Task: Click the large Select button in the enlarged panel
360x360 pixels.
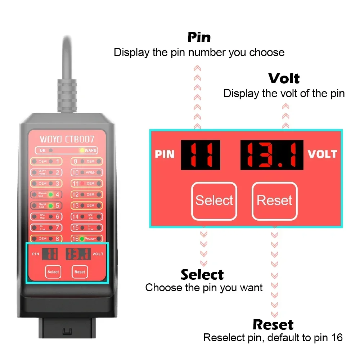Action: click(x=214, y=201)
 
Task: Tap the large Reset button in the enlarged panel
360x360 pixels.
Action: click(x=274, y=201)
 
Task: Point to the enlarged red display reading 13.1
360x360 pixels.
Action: click(x=272, y=154)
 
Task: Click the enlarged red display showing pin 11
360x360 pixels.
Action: click(x=200, y=154)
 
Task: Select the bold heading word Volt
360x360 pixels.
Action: click(x=284, y=78)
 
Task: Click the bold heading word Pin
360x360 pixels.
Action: click(x=199, y=37)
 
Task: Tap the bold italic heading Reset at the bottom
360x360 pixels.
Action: click(x=273, y=325)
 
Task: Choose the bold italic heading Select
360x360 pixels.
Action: click(x=202, y=275)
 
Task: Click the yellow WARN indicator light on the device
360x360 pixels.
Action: click(x=82, y=150)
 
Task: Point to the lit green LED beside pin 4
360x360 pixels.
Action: click(x=51, y=195)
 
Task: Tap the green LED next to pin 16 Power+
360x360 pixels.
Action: click(x=82, y=239)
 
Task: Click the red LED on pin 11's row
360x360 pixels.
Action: click(x=82, y=184)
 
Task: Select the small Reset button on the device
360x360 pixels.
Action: click(x=80, y=272)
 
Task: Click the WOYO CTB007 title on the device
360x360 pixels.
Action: click(x=67, y=139)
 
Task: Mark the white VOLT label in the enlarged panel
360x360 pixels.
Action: click(x=322, y=154)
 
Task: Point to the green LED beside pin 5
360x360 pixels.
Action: click(x=51, y=206)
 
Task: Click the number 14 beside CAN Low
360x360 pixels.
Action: click(x=75, y=217)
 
